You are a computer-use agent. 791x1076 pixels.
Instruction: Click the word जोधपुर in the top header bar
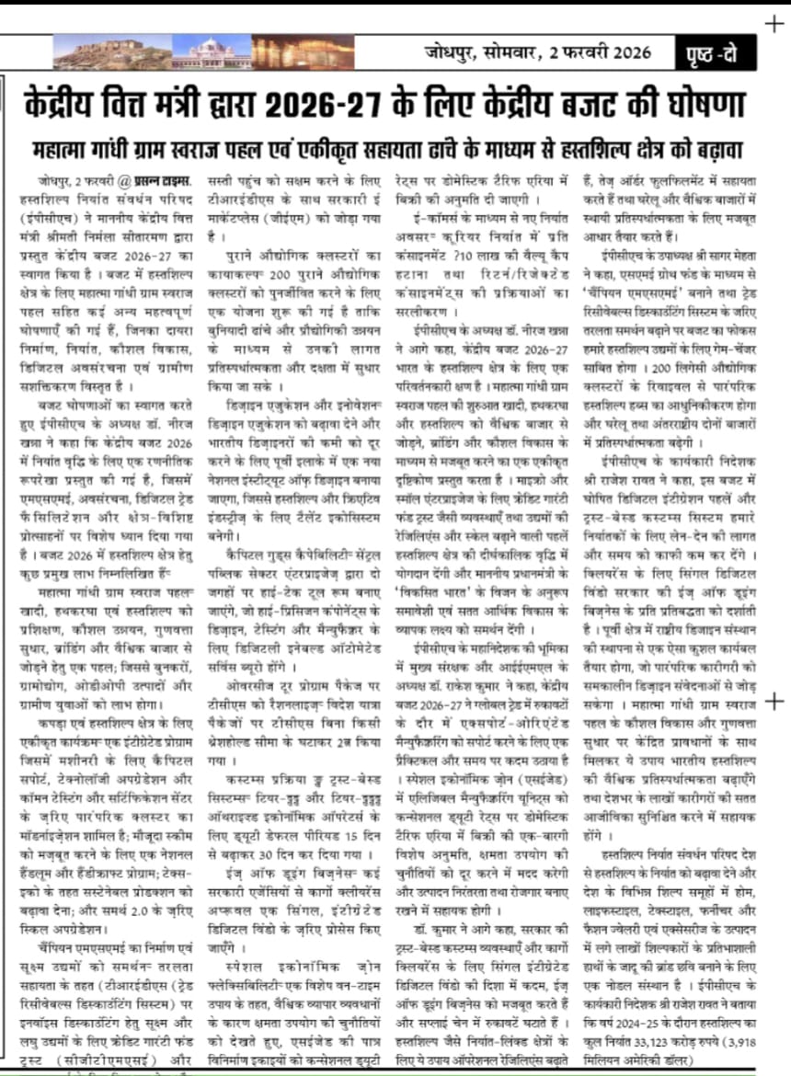pos(449,52)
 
